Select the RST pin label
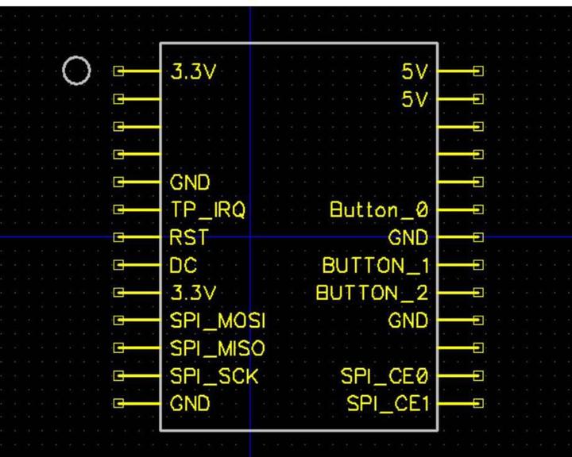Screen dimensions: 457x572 click(188, 236)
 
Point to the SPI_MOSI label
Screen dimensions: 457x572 click(217, 320)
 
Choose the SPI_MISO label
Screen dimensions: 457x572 click(217, 348)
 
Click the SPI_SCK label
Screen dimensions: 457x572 click(214, 375)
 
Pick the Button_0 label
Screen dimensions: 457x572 click(379, 210)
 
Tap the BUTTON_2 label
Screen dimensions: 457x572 click(373, 292)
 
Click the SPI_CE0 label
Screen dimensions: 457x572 click(385, 375)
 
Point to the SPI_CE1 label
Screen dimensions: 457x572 click(388, 403)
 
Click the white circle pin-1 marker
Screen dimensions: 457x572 click(76, 72)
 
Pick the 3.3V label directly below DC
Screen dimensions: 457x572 click(194, 292)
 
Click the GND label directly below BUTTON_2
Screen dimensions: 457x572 click(408, 320)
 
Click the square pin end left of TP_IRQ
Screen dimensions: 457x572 click(120, 210)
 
